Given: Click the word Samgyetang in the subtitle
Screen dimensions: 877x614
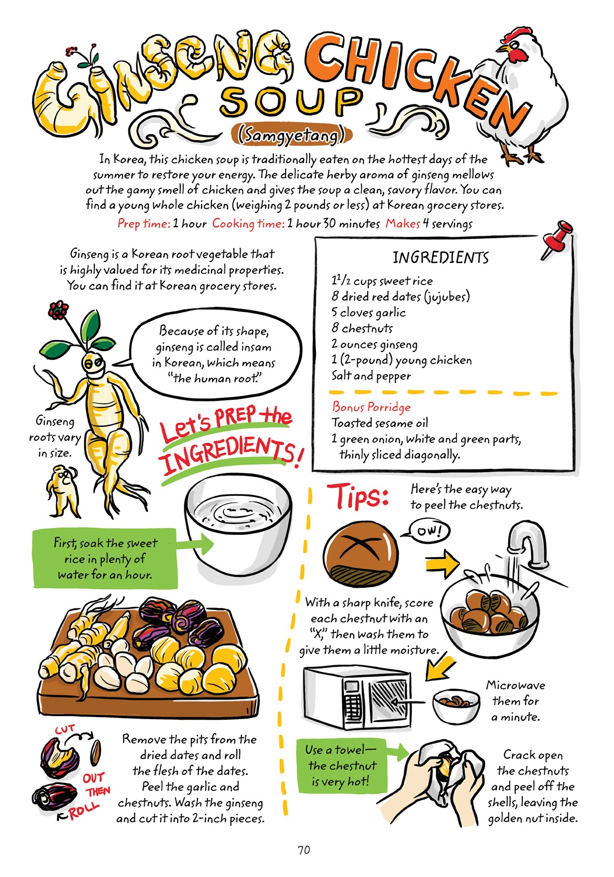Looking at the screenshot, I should pyautogui.click(x=291, y=136).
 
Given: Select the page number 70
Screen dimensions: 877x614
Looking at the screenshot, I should pyautogui.click(x=304, y=850).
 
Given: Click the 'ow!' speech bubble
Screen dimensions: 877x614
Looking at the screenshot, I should pyautogui.click(x=429, y=531).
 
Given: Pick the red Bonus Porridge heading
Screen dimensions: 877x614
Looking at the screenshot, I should pyautogui.click(x=371, y=407).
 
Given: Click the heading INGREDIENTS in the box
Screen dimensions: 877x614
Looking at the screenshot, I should pyautogui.click(x=441, y=258).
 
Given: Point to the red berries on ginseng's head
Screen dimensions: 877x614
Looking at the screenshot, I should pyautogui.click(x=58, y=311).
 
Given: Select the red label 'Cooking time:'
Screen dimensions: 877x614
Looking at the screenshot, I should pyautogui.click(x=248, y=224).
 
